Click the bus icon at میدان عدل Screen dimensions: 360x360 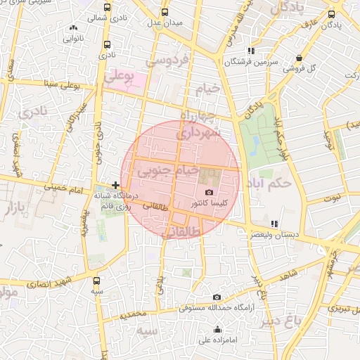165,13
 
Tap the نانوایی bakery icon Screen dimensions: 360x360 74,27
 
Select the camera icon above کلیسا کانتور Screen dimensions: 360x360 208,193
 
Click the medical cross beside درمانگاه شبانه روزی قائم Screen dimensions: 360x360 115,185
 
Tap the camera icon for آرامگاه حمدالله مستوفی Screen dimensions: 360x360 217,297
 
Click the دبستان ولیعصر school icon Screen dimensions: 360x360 273,224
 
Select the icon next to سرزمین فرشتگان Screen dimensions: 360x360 251,51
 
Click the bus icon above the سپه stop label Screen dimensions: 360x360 96,280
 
